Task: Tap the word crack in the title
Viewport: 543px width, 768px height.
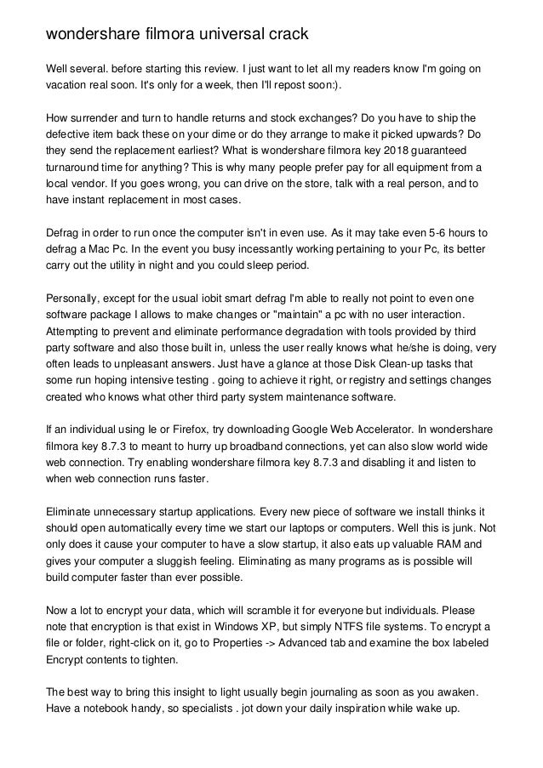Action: pyautogui.click(x=287, y=35)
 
